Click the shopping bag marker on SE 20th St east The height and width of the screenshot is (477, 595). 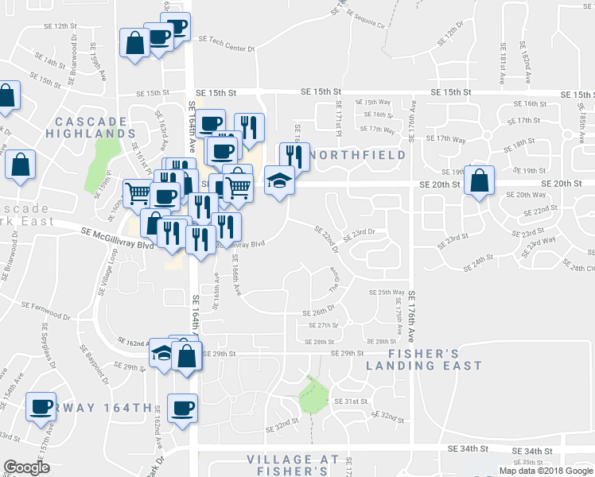479,180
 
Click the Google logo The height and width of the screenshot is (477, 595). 26,467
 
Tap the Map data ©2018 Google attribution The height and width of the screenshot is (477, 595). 546,471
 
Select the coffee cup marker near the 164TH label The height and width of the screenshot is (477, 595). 182,409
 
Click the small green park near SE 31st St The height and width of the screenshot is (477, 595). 312,396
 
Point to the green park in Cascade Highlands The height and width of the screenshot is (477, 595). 100,157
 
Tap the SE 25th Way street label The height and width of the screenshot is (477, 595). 387,292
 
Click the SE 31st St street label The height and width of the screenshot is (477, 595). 350,401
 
